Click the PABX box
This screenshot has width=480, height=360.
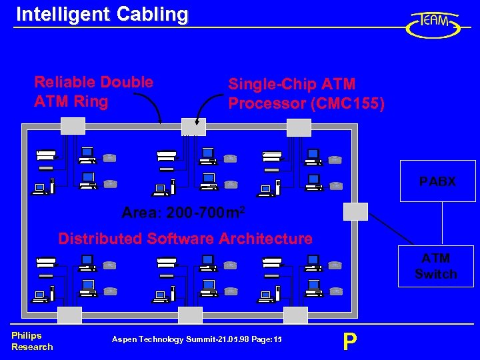tap(437, 181)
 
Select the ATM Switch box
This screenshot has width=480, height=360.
tap(435, 266)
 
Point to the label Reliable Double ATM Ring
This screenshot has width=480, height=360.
tap(93, 92)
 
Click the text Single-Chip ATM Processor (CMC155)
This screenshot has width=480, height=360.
tap(306, 93)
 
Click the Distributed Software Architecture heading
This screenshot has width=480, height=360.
tap(185, 238)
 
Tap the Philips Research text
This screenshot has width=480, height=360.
tap(31, 341)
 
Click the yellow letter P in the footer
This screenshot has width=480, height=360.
tap(349, 341)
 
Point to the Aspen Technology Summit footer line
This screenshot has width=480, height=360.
tap(197, 340)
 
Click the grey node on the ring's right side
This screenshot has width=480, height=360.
tap(355, 211)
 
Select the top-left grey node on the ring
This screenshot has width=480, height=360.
tap(73, 126)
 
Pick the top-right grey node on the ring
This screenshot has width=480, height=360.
tap(299, 127)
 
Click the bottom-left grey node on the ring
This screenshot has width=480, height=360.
tap(69, 315)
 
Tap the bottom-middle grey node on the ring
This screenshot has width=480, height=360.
tap(190, 315)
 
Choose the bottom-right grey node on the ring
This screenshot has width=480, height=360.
tap(295, 315)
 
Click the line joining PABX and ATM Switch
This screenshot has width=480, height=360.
tap(442, 223)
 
